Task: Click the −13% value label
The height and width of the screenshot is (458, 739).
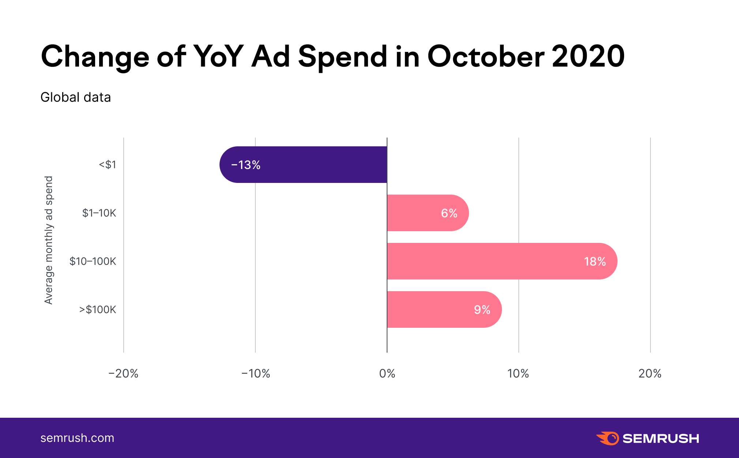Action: pos(246,165)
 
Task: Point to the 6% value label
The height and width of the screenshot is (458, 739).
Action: pos(449,213)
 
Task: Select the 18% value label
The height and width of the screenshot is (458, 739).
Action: pos(595,262)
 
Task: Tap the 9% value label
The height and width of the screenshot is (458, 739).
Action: pos(482,310)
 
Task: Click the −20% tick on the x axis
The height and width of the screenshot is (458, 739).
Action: pos(123,373)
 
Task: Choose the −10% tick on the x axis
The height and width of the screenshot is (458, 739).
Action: pos(256,373)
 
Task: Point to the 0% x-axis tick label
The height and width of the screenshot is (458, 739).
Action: pos(387,373)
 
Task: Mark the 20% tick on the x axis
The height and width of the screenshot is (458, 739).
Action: pos(650,373)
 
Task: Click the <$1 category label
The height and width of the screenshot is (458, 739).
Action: pos(108,165)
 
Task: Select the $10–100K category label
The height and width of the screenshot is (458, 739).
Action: pos(93,261)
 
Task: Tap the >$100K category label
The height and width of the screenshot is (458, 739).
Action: pos(98,309)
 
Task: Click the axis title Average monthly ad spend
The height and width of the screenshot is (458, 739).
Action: pos(49,240)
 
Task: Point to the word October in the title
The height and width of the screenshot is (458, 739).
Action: pos(486,57)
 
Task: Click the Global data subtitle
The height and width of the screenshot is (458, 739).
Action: pos(76,97)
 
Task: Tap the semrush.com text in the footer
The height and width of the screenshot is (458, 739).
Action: pos(77,438)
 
